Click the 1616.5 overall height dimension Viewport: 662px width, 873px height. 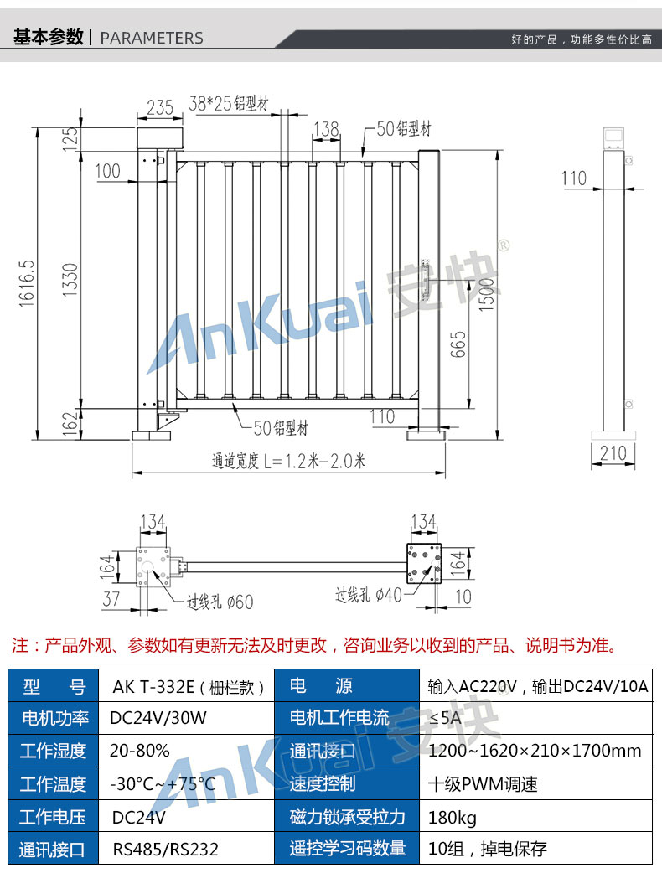point(27,283)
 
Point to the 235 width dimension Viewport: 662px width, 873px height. point(160,107)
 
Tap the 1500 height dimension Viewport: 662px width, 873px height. point(486,294)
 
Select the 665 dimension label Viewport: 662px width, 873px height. point(458,344)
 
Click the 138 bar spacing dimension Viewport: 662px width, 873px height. point(326,129)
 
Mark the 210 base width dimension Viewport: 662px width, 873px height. point(613,453)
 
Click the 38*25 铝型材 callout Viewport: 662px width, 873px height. point(228,104)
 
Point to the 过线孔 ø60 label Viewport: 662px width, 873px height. point(220,602)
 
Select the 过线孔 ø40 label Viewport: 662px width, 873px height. point(369,595)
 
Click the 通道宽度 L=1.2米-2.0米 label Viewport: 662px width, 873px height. point(288,461)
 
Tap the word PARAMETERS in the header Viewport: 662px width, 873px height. point(152,38)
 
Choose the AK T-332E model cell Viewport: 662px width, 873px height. point(189,686)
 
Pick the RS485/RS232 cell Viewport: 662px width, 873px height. point(165,849)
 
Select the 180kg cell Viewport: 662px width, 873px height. point(453,818)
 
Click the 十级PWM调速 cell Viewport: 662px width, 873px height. point(483,784)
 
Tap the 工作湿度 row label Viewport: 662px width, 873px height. point(53,751)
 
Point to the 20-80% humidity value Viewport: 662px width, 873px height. point(140,751)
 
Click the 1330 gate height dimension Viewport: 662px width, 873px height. point(70,280)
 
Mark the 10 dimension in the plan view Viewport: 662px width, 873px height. point(463,597)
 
